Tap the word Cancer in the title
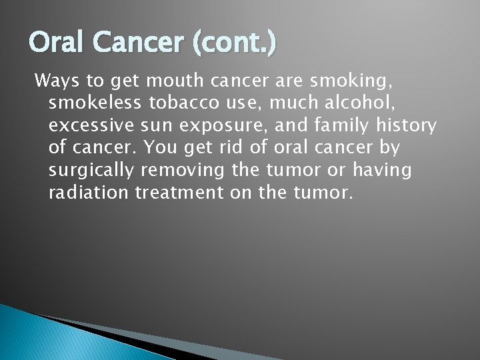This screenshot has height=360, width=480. [x=137, y=43]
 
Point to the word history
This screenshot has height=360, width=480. [x=409, y=125]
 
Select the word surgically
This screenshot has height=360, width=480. [x=91, y=171]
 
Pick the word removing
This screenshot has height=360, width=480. [x=183, y=171]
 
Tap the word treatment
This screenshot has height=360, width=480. [x=176, y=193]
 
